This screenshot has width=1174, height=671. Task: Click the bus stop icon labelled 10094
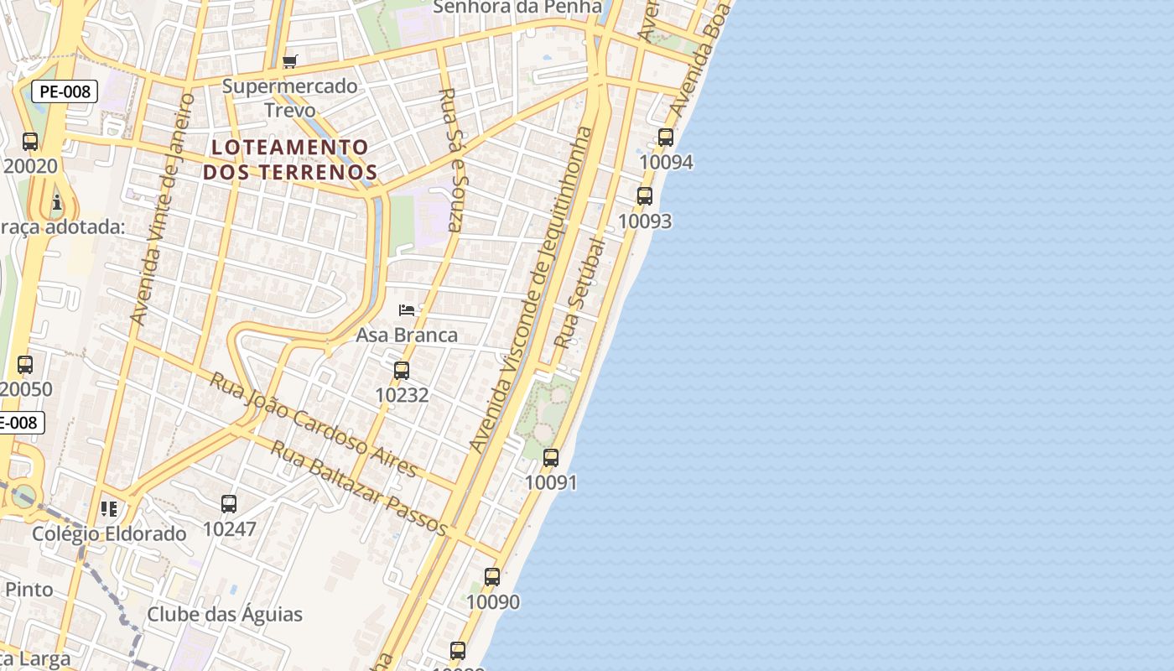click(666, 138)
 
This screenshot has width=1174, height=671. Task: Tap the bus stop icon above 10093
click(645, 196)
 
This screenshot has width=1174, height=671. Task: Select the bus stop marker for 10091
click(551, 458)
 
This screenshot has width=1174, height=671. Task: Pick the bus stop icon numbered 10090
click(492, 577)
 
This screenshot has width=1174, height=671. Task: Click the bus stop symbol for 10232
click(402, 370)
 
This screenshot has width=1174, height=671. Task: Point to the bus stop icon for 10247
click(229, 504)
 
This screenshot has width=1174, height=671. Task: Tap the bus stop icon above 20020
click(30, 142)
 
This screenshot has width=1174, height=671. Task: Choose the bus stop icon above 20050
click(25, 365)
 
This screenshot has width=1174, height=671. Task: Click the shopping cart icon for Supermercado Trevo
click(290, 60)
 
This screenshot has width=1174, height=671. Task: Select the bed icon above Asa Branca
click(407, 310)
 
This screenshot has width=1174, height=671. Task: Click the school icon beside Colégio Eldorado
click(109, 508)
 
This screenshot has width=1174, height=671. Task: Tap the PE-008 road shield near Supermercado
click(65, 91)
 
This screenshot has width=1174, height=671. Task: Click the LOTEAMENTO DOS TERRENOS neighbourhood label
click(290, 159)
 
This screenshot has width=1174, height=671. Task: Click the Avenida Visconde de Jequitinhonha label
click(532, 289)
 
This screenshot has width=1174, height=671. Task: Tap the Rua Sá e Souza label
click(453, 159)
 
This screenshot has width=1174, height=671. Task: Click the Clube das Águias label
click(225, 614)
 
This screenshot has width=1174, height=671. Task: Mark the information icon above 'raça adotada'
click(57, 202)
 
